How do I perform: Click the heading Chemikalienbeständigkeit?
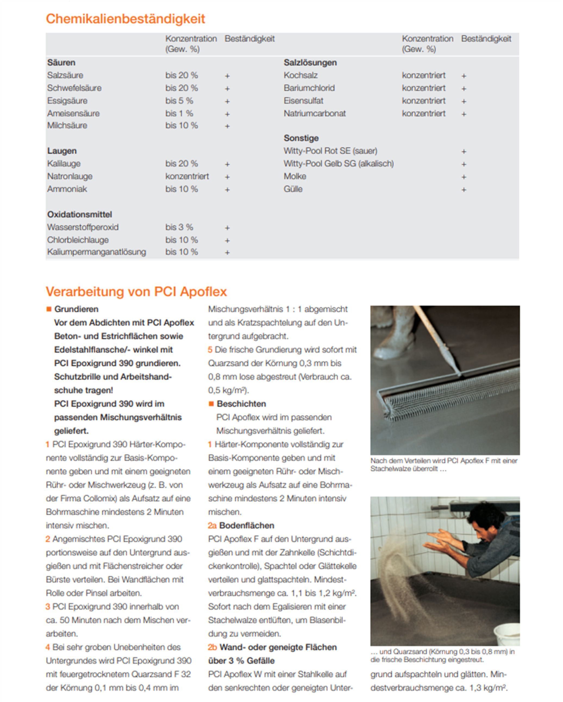[126, 19]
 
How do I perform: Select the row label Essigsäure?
[67, 100]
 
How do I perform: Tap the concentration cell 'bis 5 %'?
[179, 100]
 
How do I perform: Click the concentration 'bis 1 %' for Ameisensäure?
[179, 113]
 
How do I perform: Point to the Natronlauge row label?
[70, 176]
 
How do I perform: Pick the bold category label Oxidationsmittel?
[80, 214]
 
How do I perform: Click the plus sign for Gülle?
[464, 190]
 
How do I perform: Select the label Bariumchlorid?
[309, 88]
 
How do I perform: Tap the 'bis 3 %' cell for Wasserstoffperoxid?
[179, 227]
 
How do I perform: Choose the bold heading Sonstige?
[301, 138]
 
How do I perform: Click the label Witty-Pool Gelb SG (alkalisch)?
[338, 163]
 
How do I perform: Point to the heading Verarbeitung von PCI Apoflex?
[136, 291]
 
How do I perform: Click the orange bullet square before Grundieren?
[49, 309]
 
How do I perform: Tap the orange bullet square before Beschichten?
[211, 404]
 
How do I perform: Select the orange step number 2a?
[212, 525]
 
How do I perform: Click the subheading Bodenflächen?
[247, 525]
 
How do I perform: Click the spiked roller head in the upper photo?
[450, 391]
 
